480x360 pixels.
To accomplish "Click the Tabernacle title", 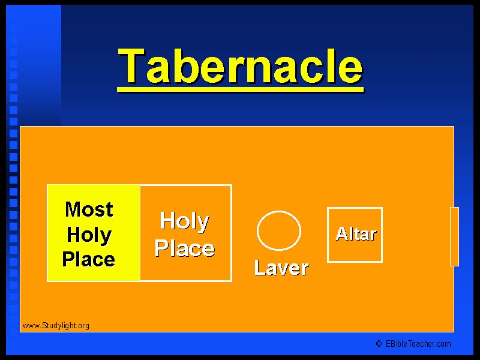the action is (x=241, y=66).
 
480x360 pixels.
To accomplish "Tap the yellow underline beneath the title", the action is (x=241, y=89).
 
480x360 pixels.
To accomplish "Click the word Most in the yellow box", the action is (x=89, y=209).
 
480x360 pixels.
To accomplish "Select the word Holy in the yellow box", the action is (x=89, y=235).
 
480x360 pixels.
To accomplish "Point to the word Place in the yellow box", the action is (x=89, y=260).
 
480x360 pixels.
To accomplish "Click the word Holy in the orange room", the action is (x=185, y=221).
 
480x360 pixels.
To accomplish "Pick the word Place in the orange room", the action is (x=185, y=248).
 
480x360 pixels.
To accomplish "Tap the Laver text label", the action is (x=281, y=268).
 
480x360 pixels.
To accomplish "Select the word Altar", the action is (x=356, y=234).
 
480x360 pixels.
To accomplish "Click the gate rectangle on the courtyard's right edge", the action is (x=454, y=236).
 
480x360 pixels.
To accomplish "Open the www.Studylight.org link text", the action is (x=56, y=326).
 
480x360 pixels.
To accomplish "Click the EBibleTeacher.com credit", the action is (x=418, y=344).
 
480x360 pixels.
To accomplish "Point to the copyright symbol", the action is (x=379, y=344).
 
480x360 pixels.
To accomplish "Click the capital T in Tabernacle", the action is (x=131, y=65).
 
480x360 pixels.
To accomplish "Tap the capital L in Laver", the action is (x=260, y=267).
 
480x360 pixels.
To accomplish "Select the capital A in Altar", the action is (x=341, y=234).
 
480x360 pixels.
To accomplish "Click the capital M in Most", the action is (x=73, y=209).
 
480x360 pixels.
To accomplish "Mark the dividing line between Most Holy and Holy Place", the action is (x=140, y=233).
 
